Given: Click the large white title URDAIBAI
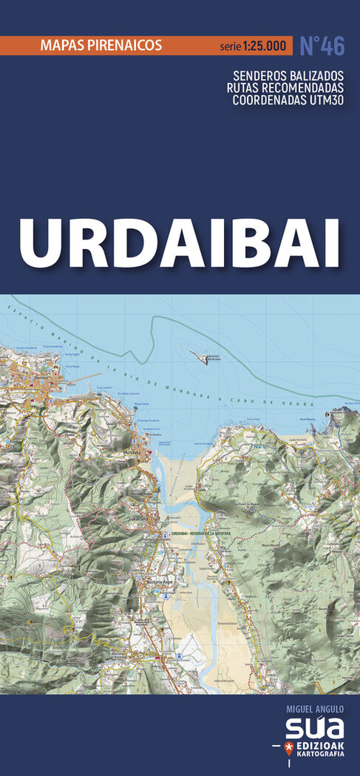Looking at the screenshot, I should coord(180,242).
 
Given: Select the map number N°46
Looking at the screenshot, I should coord(322,46).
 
